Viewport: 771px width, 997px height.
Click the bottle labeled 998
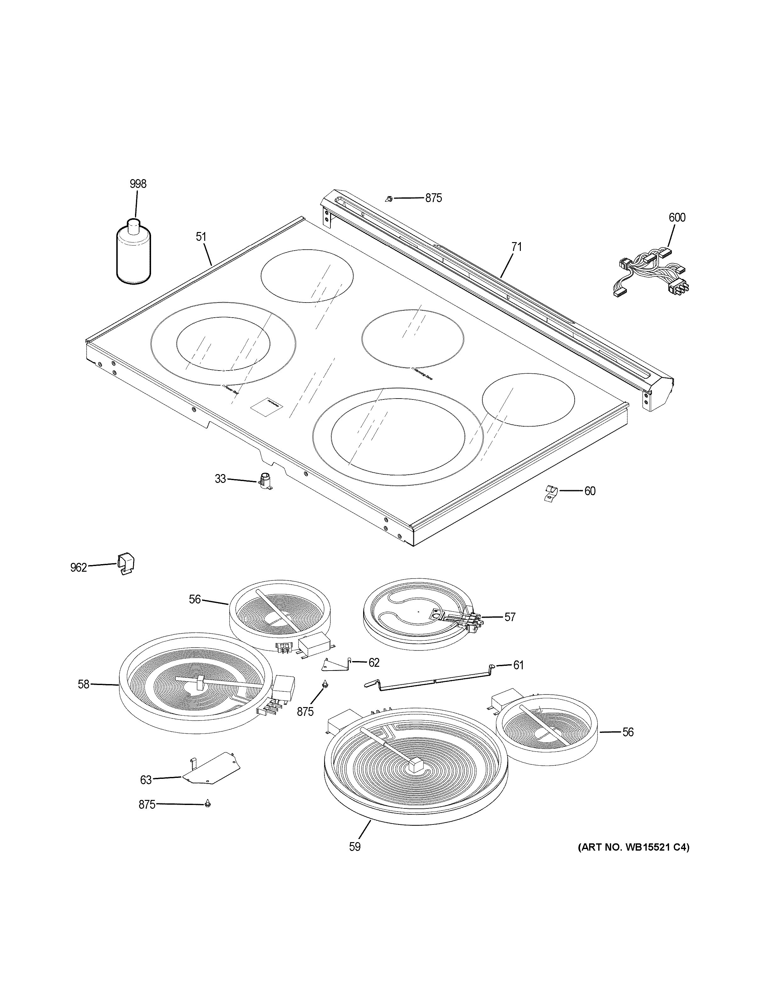pos(133,255)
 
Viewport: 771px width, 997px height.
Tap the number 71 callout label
pos(516,247)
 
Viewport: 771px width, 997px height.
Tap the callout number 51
pos(201,237)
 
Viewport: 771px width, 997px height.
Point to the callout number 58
pos(83,697)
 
